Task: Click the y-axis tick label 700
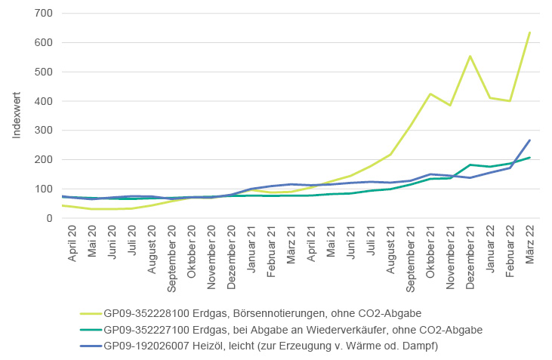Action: tap(42, 14)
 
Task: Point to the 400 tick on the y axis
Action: tap(42, 101)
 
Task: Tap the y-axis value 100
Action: tap(42, 189)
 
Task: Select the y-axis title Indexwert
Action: tap(17, 115)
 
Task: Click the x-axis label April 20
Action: tap(73, 244)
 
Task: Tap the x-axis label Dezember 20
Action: tap(231, 254)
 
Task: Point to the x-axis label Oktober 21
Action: tap(430, 249)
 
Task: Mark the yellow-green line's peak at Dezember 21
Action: tap(470, 56)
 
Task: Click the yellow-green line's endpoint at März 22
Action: tap(529, 32)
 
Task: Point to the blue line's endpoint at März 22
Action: tap(529, 140)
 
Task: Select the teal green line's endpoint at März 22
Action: tap(529, 158)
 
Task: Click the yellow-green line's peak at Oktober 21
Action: tap(430, 94)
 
